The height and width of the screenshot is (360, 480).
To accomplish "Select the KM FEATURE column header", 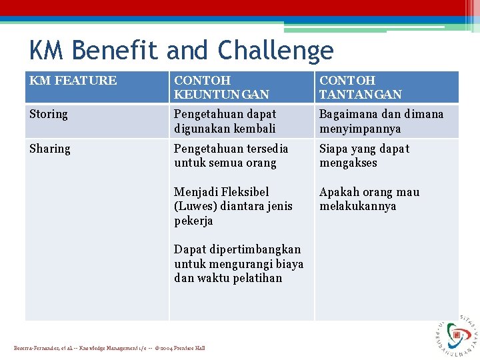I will click(x=73, y=81).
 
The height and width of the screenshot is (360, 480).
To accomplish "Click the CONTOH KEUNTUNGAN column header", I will click(x=221, y=87).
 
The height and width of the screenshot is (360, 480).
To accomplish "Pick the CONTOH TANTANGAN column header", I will click(x=360, y=87).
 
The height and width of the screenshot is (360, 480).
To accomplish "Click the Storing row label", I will click(x=49, y=114).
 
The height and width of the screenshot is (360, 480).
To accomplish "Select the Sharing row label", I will click(x=49, y=149).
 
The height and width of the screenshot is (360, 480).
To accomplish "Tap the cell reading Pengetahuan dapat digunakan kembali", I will click(x=225, y=121).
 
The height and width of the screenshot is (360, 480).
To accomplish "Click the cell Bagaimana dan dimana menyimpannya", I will click(x=381, y=121).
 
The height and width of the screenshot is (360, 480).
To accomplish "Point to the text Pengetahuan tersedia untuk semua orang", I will click(x=231, y=155).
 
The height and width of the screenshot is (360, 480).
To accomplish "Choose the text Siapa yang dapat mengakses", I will click(x=364, y=155).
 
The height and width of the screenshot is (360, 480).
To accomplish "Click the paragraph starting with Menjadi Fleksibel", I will click(x=233, y=206).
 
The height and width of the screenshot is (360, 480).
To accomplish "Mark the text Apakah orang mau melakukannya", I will click(x=369, y=199).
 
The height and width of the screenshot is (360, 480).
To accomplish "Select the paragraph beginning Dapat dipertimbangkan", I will click(x=238, y=263).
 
